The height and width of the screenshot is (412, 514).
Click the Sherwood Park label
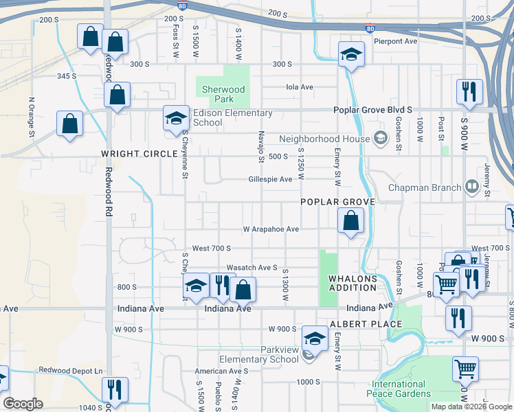click(221, 94)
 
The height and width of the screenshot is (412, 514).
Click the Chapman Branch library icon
click(472, 187)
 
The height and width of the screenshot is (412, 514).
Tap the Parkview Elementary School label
click(259, 354)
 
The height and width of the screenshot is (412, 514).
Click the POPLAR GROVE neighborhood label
click(337, 202)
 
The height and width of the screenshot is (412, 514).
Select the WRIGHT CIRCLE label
click(139, 154)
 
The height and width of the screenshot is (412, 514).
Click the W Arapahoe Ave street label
click(271, 229)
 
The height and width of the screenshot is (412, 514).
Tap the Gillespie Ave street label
click(270, 179)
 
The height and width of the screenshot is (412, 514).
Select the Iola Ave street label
click(300, 87)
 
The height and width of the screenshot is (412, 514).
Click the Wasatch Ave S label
click(252, 268)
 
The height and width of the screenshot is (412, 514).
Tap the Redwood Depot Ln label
click(70, 370)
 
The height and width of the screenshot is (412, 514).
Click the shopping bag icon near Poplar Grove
click(350, 222)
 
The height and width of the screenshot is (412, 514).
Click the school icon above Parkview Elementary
click(315, 337)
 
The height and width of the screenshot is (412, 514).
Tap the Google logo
click(23, 404)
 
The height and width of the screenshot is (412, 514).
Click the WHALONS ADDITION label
click(353, 283)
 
